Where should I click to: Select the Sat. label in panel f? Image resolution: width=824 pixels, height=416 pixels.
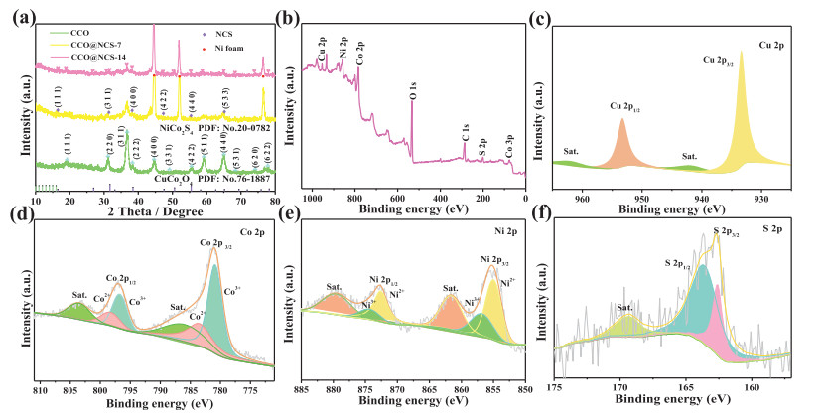pyautogui.click(x=625, y=308)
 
